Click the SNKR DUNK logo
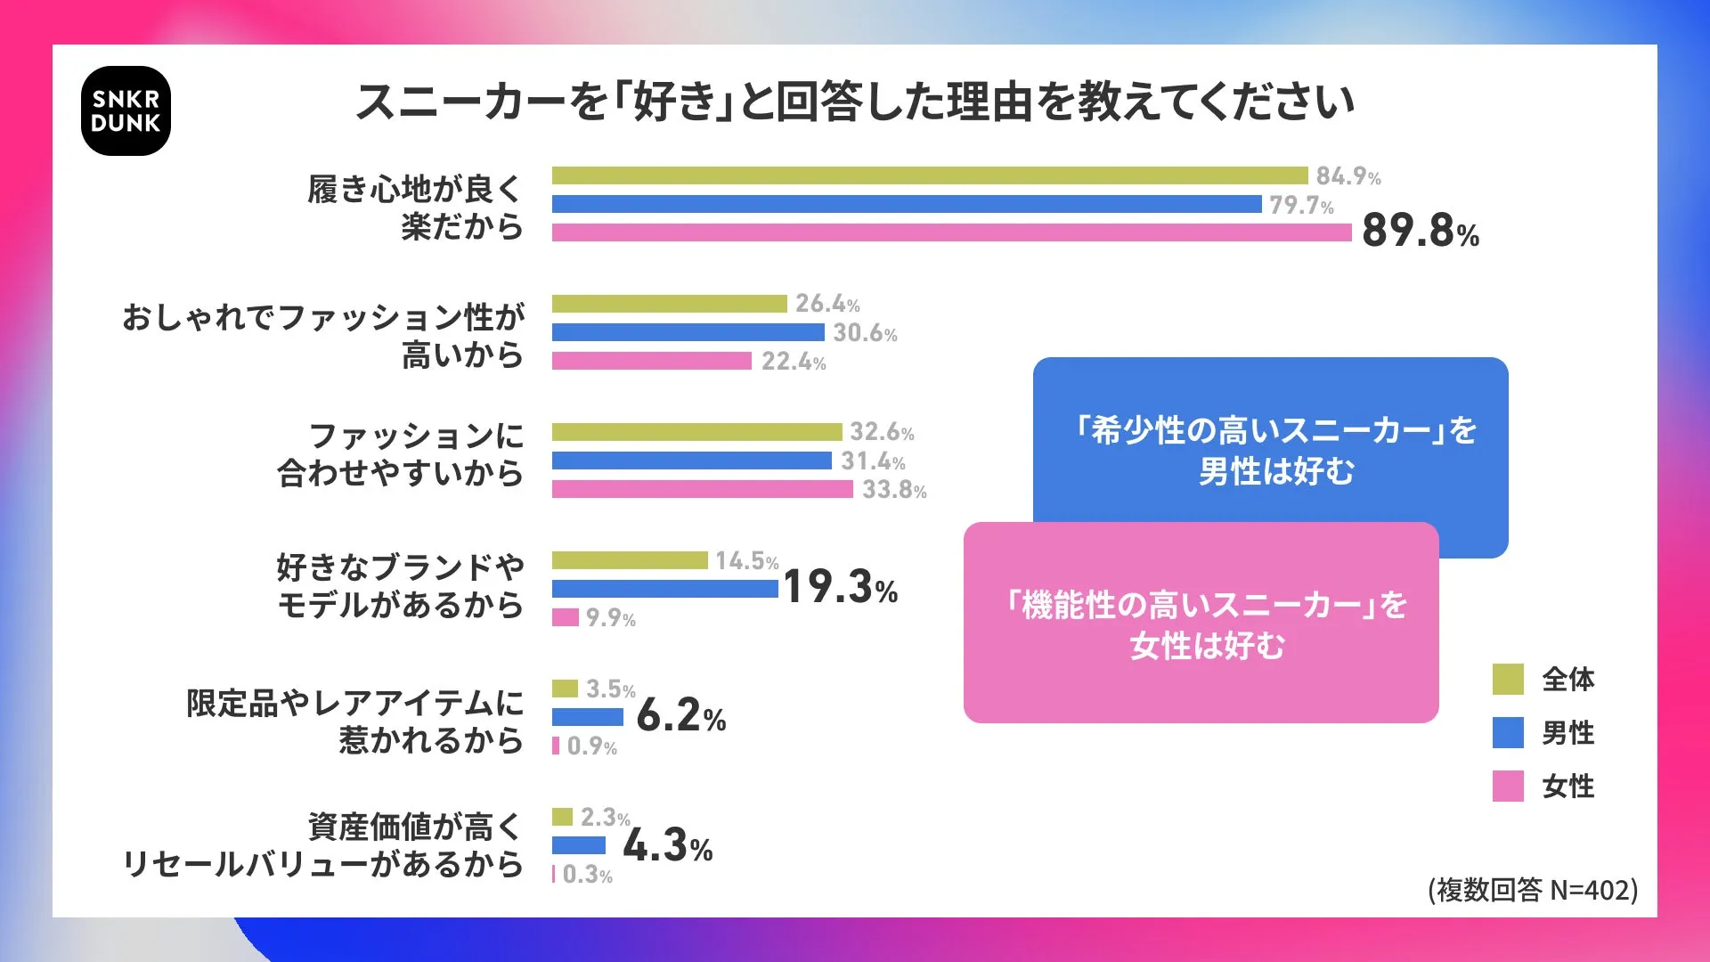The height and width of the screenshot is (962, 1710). click(x=126, y=111)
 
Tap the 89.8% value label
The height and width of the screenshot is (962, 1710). click(x=1420, y=231)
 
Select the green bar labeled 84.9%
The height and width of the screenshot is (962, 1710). click(x=929, y=175)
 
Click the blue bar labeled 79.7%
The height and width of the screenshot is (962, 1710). click(x=906, y=204)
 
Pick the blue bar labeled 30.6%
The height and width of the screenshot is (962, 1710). click(x=688, y=332)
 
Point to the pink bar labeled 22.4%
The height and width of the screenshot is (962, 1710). click(x=651, y=361)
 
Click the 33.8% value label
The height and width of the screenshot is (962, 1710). click(x=893, y=490)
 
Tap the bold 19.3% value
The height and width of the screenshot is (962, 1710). click(x=840, y=587)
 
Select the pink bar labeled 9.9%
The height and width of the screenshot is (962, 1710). click(x=565, y=617)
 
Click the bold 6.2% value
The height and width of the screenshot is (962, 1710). click(x=680, y=715)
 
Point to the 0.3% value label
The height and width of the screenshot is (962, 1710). click(x=587, y=875)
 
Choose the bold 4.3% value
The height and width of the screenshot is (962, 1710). click(x=667, y=845)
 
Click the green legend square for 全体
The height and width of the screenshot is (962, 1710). click(x=1508, y=679)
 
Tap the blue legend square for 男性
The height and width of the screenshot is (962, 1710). click(x=1508, y=732)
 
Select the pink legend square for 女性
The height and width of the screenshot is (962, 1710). click(x=1508, y=786)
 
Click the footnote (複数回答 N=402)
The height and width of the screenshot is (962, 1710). click(x=1532, y=890)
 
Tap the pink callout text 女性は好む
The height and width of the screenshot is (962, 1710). click(x=1207, y=646)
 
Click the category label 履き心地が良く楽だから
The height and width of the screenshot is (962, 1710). click(x=415, y=208)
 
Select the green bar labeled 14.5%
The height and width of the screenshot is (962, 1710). click(x=629, y=560)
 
